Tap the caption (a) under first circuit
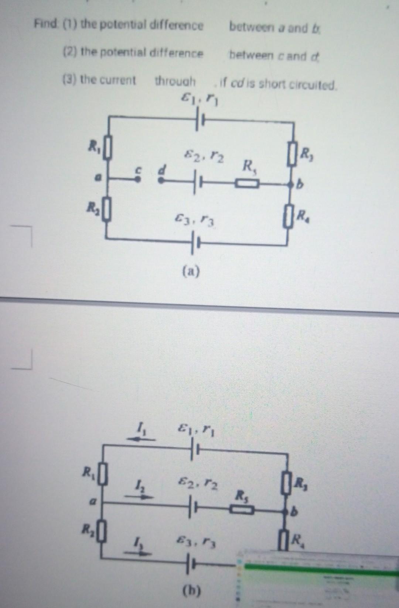click(x=191, y=272)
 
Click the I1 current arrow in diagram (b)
click(x=141, y=439)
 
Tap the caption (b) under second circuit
click(x=192, y=591)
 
